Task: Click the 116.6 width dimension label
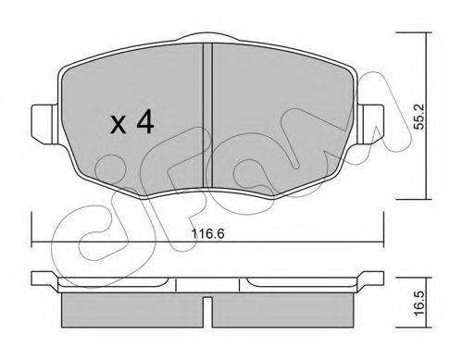pyautogui.click(x=207, y=233)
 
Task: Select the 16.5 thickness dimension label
pyautogui.click(x=419, y=304)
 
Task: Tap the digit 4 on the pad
pyautogui.click(x=145, y=122)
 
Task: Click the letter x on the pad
pyautogui.click(x=119, y=125)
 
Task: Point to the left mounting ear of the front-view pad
pyautogui.click(x=44, y=124)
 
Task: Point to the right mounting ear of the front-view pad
pyautogui.click(x=370, y=124)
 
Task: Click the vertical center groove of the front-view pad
pyautogui.click(x=207, y=115)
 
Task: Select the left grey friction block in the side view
pyautogui.click(x=132, y=310)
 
